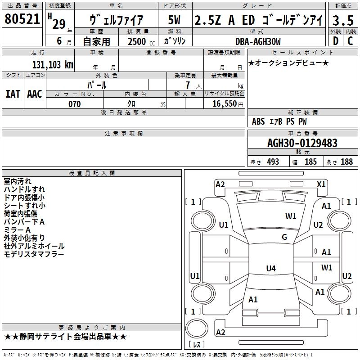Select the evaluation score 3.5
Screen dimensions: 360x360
point(343,20)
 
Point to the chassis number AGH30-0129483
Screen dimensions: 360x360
point(302,143)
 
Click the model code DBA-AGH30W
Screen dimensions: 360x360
point(258,41)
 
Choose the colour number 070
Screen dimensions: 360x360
point(74,104)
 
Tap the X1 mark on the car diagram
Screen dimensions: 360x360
point(321,184)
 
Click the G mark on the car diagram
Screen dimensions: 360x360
point(284,237)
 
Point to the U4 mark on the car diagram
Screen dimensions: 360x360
point(270,269)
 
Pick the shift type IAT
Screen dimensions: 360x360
point(13,94)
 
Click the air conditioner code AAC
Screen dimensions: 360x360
point(35,94)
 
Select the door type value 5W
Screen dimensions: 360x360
point(175,20)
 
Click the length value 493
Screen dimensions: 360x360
point(273,162)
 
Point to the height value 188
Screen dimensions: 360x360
point(346,162)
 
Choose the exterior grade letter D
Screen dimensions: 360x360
point(335,41)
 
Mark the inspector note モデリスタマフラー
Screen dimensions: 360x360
point(34,254)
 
